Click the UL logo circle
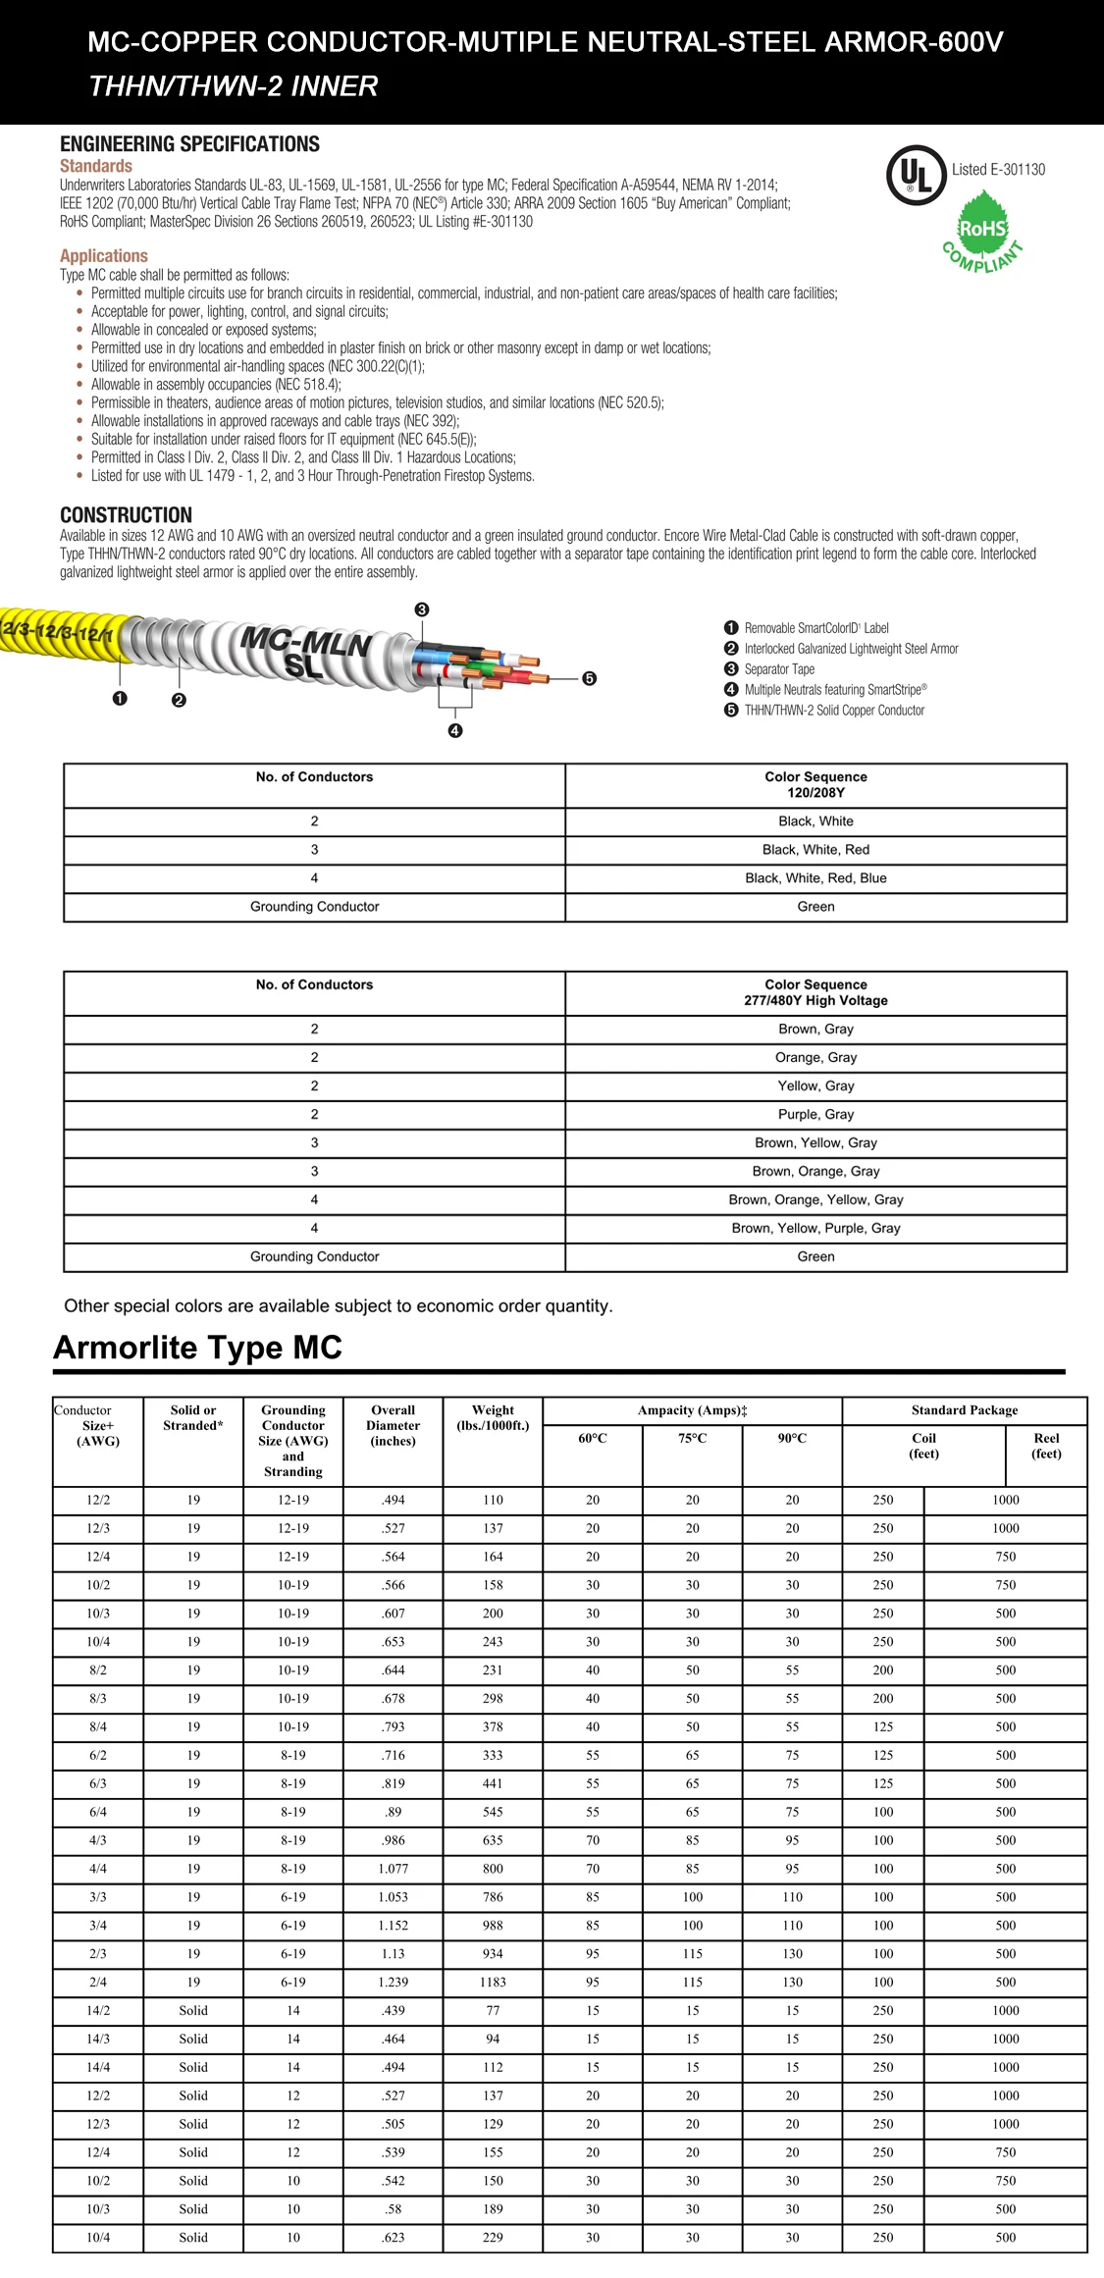[916, 175]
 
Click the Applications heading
[103, 255]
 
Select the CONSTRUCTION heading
[126, 515]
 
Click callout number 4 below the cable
[455, 730]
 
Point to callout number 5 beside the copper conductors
[589, 678]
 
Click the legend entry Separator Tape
[778, 669]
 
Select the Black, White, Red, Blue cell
[815, 878]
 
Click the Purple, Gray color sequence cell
[815, 1114]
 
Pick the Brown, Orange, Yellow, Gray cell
[815, 1199]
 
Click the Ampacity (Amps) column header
[692, 1410]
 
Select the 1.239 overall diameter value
[393, 1982]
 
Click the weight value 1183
[493, 1982]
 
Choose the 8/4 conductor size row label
[98, 1726]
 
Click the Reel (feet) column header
[1046, 1446]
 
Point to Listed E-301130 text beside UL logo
[998, 169]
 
